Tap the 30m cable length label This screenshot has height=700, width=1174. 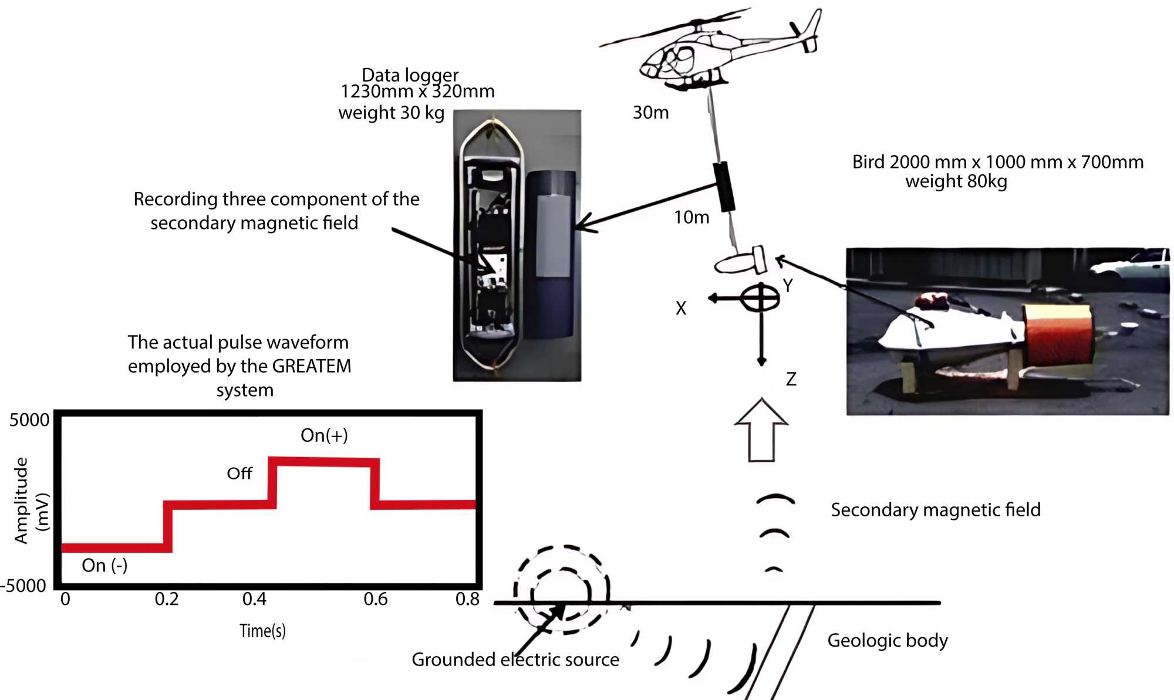[650, 112]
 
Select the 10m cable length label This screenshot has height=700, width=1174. [691, 217]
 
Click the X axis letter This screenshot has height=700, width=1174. [680, 308]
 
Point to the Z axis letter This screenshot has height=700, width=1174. [791, 380]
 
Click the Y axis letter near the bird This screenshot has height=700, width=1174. [788, 286]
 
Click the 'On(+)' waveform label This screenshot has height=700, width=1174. [324, 435]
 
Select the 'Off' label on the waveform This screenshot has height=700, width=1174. [239, 474]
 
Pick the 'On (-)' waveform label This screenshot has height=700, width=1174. [104, 565]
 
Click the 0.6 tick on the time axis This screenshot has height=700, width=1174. [375, 599]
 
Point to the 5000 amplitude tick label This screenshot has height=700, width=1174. [29, 420]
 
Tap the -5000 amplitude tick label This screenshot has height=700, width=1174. [23, 586]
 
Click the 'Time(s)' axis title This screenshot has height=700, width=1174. [262, 631]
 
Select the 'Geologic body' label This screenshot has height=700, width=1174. [887, 640]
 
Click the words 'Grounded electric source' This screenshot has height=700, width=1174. [515, 660]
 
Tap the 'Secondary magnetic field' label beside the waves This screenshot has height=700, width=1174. [935, 510]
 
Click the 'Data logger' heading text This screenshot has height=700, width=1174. [410, 75]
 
